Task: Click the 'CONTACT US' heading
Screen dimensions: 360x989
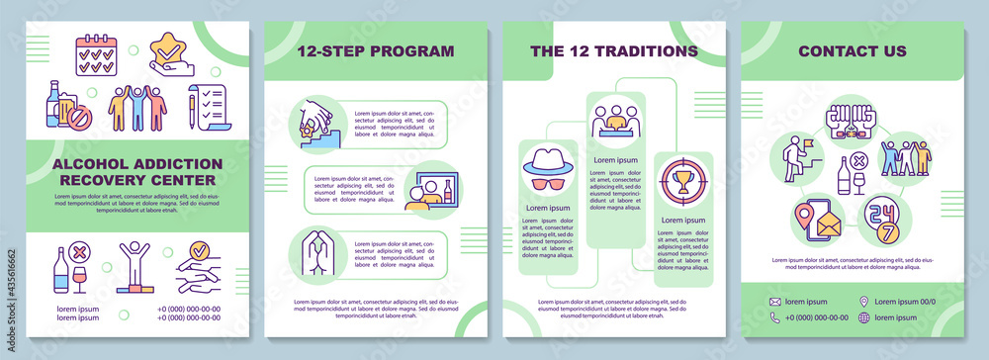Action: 852,50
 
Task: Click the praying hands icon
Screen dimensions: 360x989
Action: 310,251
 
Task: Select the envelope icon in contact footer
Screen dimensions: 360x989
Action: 776,302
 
